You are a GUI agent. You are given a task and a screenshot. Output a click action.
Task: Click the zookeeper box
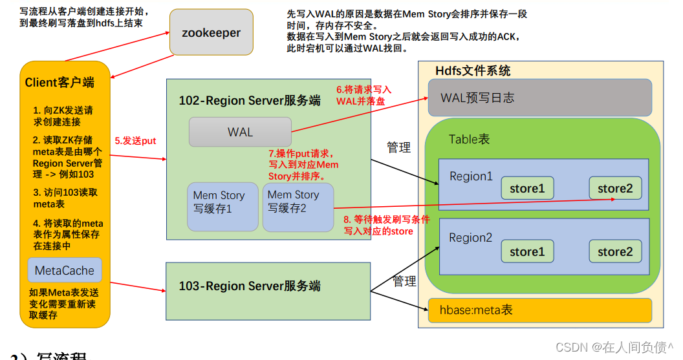click(211, 32)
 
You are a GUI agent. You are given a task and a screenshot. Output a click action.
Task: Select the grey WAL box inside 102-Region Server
click(240, 132)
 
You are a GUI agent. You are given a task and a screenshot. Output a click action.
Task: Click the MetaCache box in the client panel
click(65, 271)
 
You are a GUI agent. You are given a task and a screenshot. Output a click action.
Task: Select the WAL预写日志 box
click(539, 98)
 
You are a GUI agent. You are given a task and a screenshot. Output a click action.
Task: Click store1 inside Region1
click(527, 188)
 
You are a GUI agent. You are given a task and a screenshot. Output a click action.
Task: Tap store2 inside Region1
click(615, 188)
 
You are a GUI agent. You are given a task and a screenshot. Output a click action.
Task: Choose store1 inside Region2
click(527, 251)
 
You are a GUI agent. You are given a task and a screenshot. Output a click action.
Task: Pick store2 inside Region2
click(615, 251)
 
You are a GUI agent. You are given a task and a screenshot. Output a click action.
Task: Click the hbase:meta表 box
click(539, 310)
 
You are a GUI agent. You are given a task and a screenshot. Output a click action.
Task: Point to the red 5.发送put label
click(136, 140)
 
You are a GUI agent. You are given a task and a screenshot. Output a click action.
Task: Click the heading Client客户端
click(60, 82)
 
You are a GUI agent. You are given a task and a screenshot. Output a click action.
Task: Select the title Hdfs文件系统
click(473, 70)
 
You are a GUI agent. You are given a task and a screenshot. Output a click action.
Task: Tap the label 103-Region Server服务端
click(250, 286)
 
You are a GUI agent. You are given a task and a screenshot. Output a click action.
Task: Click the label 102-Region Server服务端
click(250, 100)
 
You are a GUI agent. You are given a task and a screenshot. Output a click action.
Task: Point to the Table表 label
click(469, 140)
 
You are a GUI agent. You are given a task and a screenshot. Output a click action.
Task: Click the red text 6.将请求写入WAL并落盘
click(363, 96)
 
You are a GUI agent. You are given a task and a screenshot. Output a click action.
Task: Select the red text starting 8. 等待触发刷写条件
click(387, 225)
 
